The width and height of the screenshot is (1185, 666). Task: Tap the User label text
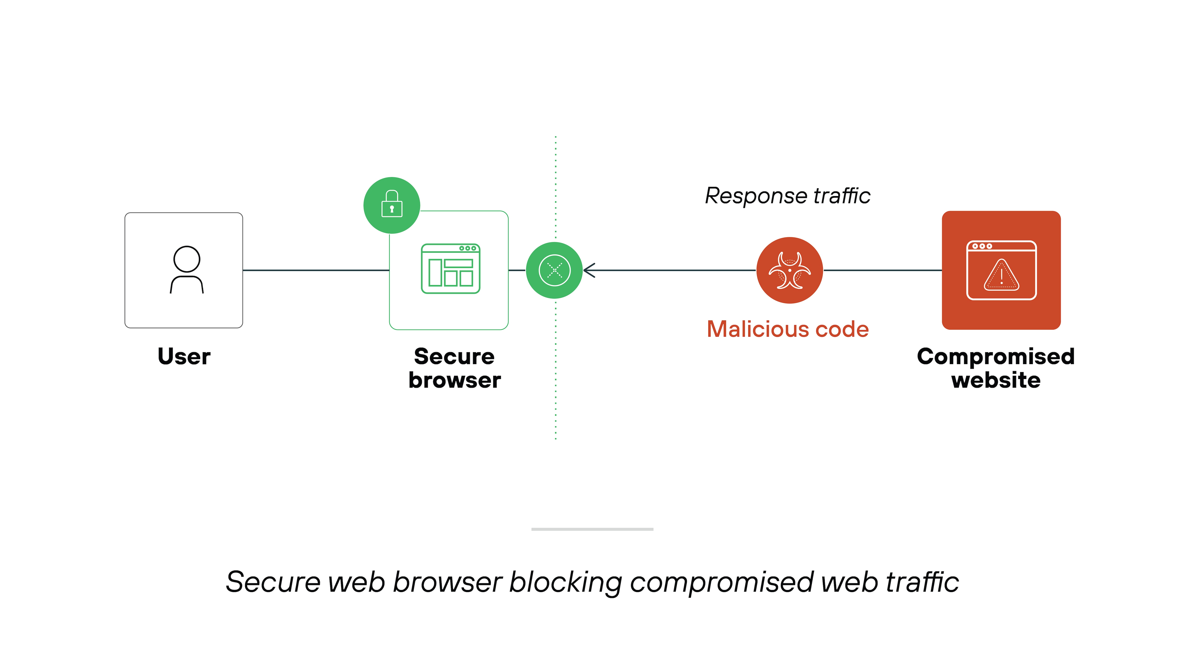(x=184, y=357)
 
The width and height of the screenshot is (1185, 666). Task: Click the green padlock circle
(x=392, y=205)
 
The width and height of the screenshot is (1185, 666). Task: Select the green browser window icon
(x=450, y=269)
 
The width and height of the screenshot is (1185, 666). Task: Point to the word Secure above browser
(x=454, y=357)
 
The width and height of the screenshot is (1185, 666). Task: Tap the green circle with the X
(x=554, y=270)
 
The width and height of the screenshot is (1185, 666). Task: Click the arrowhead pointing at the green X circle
(x=589, y=270)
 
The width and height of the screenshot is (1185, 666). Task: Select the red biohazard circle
(x=789, y=270)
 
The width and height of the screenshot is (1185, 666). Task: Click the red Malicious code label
(x=788, y=329)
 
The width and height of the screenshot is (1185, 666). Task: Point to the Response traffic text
(x=788, y=196)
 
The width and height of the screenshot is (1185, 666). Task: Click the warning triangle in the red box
(x=1002, y=276)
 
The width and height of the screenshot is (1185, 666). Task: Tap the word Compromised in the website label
(x=995, y=357)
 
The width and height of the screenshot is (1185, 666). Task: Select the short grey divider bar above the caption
(x=592, y=529)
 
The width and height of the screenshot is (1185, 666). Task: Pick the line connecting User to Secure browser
(x=316, y=270)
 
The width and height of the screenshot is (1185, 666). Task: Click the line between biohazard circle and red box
(x=882, y=270)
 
